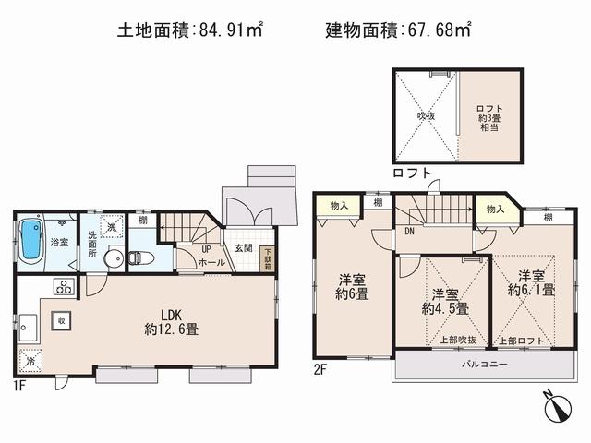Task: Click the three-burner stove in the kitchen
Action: coord(64,286)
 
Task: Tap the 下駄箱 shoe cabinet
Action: coord(268,256)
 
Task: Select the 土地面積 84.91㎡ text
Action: coord(190,30)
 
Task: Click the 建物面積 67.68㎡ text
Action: coord(398,30)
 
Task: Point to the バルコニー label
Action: coord(484,364)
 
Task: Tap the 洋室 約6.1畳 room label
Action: coord(531,282)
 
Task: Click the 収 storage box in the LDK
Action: coord(61,321)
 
